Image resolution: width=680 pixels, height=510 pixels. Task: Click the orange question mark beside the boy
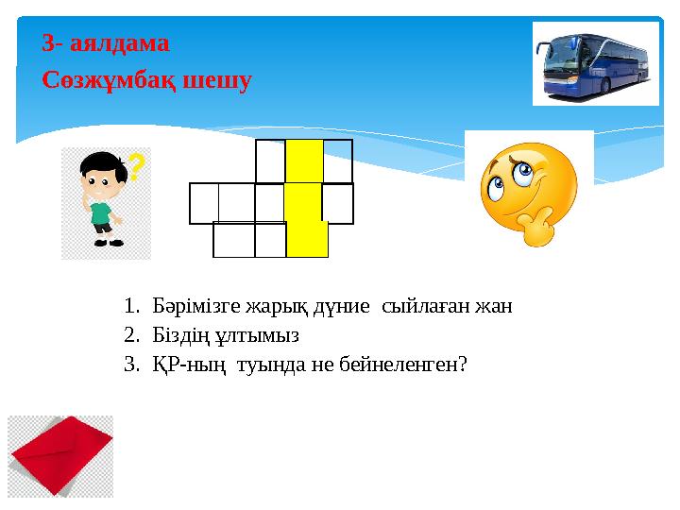[136, 168]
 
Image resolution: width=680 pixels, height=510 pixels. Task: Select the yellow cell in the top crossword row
[304, 161]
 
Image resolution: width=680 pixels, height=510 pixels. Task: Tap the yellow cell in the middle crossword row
[303, 202]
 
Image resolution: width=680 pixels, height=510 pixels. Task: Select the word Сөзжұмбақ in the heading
[102, 80]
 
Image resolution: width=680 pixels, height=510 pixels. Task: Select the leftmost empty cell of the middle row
[204, 203]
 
